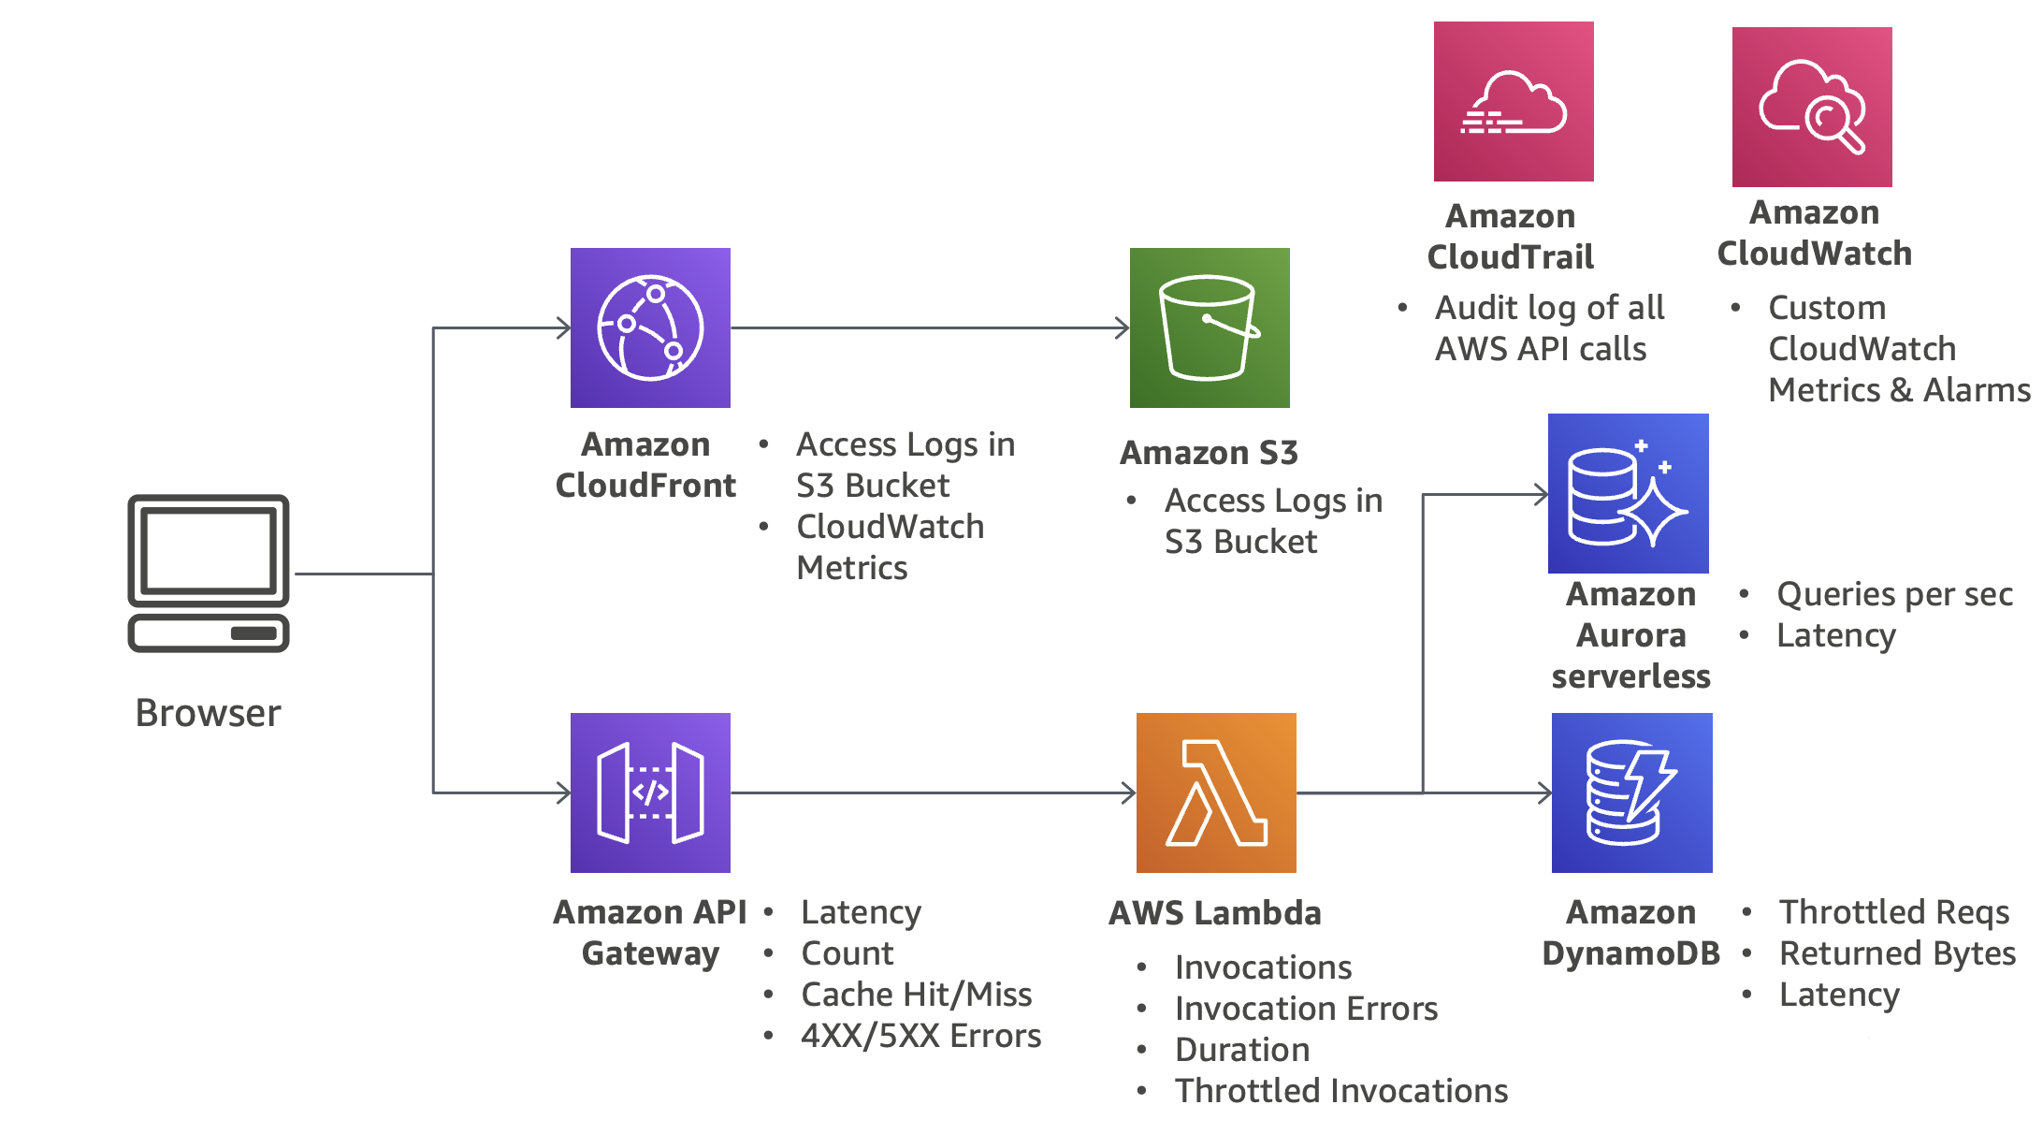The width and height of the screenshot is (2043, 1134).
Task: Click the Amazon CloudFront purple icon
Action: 650,327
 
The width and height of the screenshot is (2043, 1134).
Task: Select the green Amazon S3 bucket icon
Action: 1210,327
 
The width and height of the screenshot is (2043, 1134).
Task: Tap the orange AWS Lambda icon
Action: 1216,792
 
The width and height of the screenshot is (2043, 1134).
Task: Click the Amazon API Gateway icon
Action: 650,792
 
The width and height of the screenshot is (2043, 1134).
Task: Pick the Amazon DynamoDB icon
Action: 1631,792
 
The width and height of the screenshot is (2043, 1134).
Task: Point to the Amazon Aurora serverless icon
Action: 1628,493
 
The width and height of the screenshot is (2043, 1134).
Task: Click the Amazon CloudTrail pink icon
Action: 1514,101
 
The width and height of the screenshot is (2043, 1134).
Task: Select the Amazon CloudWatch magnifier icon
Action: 1812,107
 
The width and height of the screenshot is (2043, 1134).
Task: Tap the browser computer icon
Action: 209,573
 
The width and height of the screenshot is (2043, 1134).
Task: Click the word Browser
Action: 208,713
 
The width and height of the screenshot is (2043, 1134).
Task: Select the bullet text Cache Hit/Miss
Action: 916,995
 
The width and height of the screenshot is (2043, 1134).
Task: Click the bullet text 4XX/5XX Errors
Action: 920,1036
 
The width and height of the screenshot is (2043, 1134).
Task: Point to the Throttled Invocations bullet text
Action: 1340,1091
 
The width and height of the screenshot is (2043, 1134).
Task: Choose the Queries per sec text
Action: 1894,594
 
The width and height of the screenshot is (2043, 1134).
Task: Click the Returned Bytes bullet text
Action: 1897,953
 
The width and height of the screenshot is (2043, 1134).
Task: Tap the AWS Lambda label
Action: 1214,913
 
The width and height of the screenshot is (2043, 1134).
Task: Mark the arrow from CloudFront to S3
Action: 930,327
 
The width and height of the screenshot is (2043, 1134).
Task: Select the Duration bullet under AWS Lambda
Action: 1241,1050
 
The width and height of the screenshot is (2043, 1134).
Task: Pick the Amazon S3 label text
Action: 1209,453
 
